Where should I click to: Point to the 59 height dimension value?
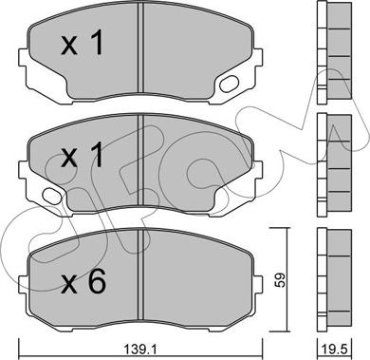pos(280,279)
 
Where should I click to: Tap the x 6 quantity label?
pos(83,283)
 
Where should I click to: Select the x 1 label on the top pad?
pos(83,44)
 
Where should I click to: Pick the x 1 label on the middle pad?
pos(83,155)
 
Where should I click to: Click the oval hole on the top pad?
pos(229,84)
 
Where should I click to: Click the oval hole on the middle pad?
pos(52,196)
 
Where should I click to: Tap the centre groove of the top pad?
pos(141,47)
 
